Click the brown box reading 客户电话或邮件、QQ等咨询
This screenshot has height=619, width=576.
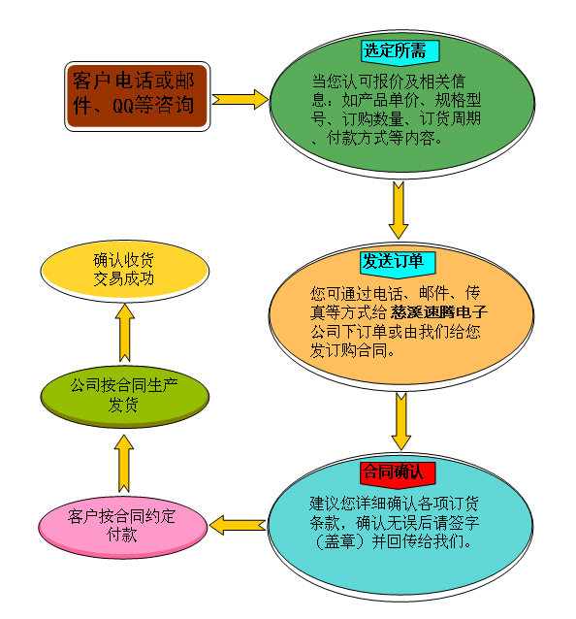click(138, 96)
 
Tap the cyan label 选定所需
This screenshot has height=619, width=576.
click(400, 50)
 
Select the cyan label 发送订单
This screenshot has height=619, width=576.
click(399, 262)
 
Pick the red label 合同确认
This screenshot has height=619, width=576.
click(398, 472)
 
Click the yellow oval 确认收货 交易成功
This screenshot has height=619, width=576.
click(125, 271)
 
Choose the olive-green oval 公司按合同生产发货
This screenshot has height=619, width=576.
click(125, 397)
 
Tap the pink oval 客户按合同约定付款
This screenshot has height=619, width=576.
click(123, 527)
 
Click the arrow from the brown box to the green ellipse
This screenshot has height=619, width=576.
click(240, 99)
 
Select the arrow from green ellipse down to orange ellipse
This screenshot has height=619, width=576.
click(399, 210)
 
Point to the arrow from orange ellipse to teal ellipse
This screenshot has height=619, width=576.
click(401, 422)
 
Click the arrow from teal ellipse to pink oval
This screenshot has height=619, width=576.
click(238, 525)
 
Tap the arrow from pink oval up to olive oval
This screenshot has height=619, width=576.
click(124, 464)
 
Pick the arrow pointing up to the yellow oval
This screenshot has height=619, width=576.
click(125, 333)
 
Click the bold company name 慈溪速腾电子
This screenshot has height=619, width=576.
click(438, 312)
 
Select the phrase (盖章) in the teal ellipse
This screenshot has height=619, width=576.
click(339, 542)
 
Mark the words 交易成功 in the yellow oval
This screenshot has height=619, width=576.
click(123, 279)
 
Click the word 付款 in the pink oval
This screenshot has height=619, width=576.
click(122, 535)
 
